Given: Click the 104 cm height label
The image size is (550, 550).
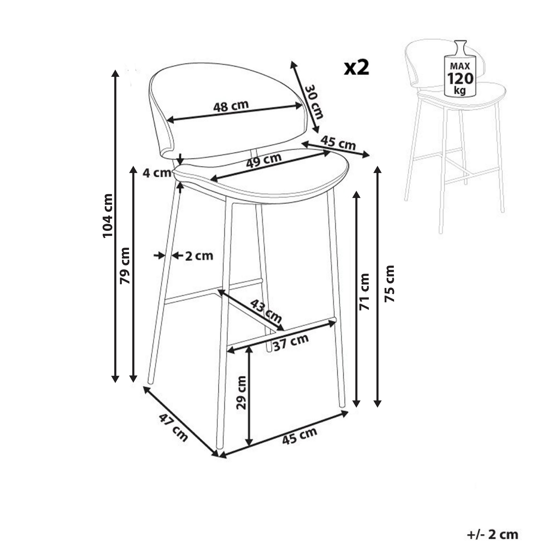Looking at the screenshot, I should pyautogui.click(x=108, y=215).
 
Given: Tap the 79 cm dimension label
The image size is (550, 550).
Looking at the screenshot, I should pyautogui.click(x=125, y=266).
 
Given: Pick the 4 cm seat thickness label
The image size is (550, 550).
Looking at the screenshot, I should pyautogui.click(x=157, y=173).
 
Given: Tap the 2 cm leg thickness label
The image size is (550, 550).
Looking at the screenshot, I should pyautogui.click(x=199, y=256).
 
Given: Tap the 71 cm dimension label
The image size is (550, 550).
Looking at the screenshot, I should pyautogui.click(x=364, y=292).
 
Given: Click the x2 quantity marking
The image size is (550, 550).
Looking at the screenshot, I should pyautogui.click(x=356, y=68).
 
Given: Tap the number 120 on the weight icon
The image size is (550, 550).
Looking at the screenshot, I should pyautogui.click(x=460, y=79).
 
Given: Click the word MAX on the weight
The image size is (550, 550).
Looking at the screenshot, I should pyautogui.click(x=460, y=66).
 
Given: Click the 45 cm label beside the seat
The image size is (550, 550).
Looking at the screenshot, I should pyautogui.click(x=338, y=143).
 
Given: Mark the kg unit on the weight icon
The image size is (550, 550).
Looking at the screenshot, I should pyautogui.click(x=460, y=90).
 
